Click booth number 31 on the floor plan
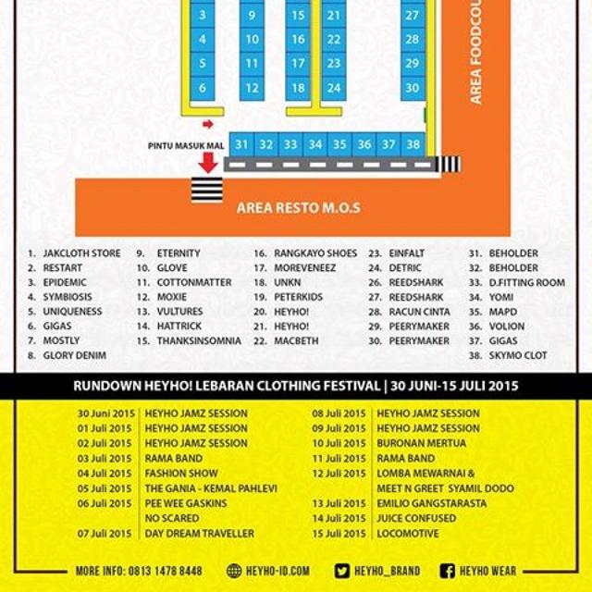(241, 144)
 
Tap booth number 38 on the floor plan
(413, 144)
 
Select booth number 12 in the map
(252, 89)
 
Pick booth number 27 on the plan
(413, 16)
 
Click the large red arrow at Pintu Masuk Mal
(208, 163)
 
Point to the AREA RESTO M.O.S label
(298, 207)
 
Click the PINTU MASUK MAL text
(185, 146)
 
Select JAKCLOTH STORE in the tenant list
(81, 253)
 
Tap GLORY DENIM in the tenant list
(75, 355)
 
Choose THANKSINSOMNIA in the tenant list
(199, 340)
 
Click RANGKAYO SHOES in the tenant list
(315, 253)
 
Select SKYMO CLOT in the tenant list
(524, 355)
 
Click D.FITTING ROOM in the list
(527, 282)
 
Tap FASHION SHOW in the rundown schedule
(181, 474)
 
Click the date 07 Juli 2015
(105, 534)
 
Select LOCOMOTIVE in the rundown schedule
(408, 534)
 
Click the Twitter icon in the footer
(343, 571)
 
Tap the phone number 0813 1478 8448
(166, 571)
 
